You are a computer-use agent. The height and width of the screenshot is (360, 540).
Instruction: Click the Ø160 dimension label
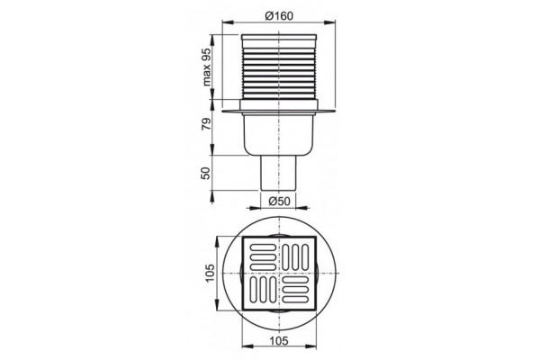pyautogui.click(x=279, y=16)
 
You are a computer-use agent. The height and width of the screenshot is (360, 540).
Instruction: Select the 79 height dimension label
pyautogui.click(x=205, y=123)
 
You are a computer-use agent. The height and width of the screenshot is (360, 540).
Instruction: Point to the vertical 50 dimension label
pyautogui.click(x=205, y=173)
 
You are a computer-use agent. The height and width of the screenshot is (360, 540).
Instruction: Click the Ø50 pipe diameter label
pyautogui.click(x=279, y=201)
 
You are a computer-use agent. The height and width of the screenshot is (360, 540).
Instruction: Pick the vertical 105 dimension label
pyautogui.click(x=210, y=274)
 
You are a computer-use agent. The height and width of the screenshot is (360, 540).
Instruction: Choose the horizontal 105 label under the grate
pyautogui.click(x=279, y=341)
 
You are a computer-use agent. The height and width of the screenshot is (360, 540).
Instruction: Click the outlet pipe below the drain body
pyautogui.click(x=278, y=173)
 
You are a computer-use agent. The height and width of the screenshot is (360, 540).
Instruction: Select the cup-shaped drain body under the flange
pyautogui.click(x=279, y=134)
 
